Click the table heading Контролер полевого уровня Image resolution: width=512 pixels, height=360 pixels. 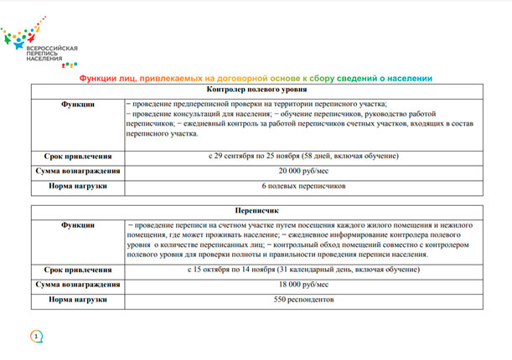pyautogui.click(x=256, y=90)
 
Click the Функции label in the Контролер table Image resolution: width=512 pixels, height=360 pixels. pyautogui.click(x=78, y=105)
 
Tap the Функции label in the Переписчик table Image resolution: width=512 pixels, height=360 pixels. pyautogui.click(x=78, y=226)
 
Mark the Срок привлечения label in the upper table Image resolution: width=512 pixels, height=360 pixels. pyautogui.click(x=78, y=156)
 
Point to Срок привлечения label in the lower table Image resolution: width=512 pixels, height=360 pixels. pyautogui.click(x=78, y=270)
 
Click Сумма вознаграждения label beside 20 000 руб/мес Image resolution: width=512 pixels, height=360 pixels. pyautogui.click(x=78, y=171)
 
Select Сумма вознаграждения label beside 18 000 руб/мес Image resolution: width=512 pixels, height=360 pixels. pyautogui.click(x=78, y=285)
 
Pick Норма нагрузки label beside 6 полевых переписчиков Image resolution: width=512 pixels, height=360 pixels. pyautogui.click(x=78, y=186)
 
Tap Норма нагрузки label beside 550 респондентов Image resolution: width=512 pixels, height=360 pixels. pyautogui.click(x=78, y=299)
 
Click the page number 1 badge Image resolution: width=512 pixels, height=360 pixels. pyautogui.click(x=36, y=337)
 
